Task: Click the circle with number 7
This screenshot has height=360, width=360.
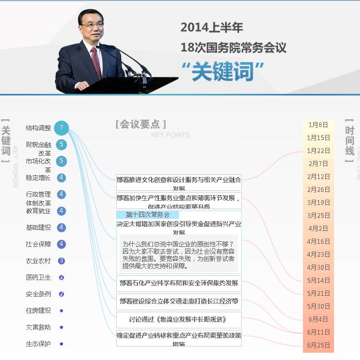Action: coord(61,128)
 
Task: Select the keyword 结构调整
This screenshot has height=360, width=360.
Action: coord(38,128)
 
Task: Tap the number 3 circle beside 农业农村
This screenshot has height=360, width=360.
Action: coord(61,261)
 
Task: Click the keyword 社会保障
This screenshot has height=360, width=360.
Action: coord(38,244)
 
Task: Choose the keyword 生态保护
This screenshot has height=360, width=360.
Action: coord(38,344)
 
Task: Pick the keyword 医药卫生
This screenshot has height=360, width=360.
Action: coord(38,278)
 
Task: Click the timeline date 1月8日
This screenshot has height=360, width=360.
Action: coord(318,125)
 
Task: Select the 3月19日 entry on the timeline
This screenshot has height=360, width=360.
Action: coord(318,203)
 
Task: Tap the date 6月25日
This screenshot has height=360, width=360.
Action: coord(318,345)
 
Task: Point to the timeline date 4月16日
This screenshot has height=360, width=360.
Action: coord(318,242)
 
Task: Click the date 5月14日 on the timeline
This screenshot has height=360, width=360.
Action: coord(318,281)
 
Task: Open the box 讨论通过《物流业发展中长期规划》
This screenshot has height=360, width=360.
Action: coord(179,320)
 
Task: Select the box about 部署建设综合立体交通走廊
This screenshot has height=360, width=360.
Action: coord(179,301)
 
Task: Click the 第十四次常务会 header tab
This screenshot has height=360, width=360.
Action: coord(148,215)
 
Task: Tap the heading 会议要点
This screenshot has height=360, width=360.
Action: coord(141,124)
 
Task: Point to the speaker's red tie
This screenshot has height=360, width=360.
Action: coord(96,63)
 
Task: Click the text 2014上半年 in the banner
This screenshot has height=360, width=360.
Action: coord(212,27)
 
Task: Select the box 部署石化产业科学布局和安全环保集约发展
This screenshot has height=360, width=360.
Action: coord(179,283)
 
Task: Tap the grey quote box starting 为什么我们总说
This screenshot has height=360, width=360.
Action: coord(179,255)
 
